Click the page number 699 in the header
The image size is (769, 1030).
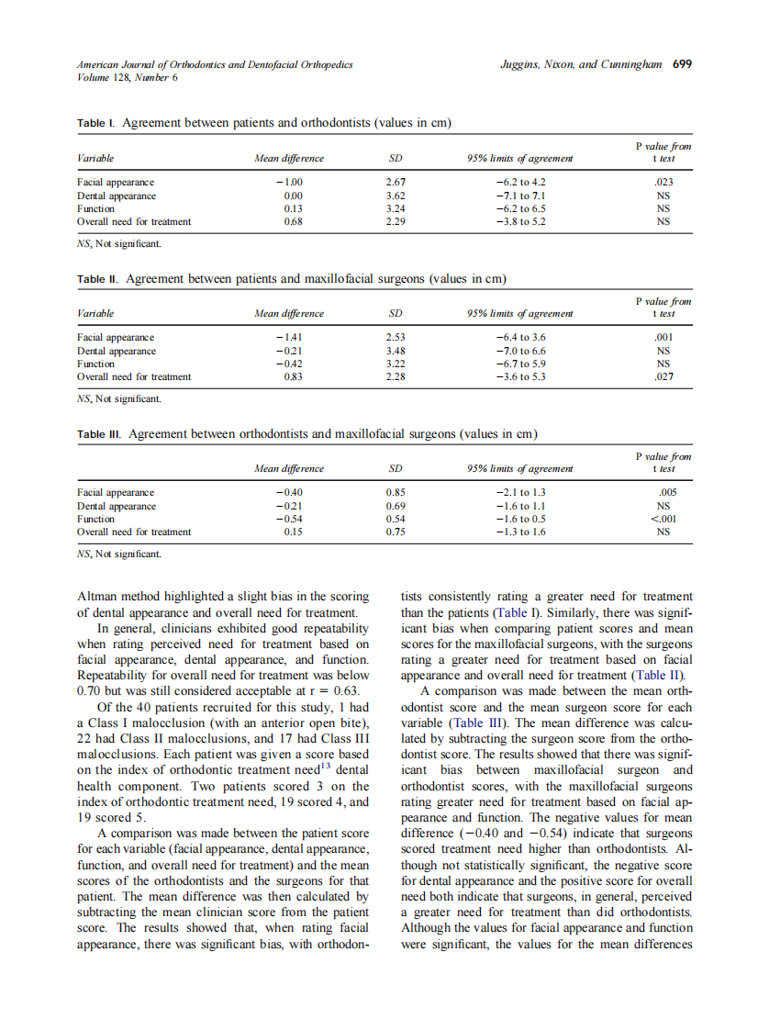tap(682, 65)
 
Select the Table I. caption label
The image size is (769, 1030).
tap(96, 123)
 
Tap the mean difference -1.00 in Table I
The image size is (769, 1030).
tap(289, 183)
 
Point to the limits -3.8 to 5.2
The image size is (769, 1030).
tap(520, 221)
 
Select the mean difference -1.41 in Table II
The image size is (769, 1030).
tap(289, 338)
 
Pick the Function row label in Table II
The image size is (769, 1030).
tap(96, 364)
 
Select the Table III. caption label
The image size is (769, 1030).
tap(100, 433)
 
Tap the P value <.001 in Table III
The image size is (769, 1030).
tap(663, 519)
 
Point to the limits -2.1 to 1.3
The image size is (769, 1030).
tap(520, 493)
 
